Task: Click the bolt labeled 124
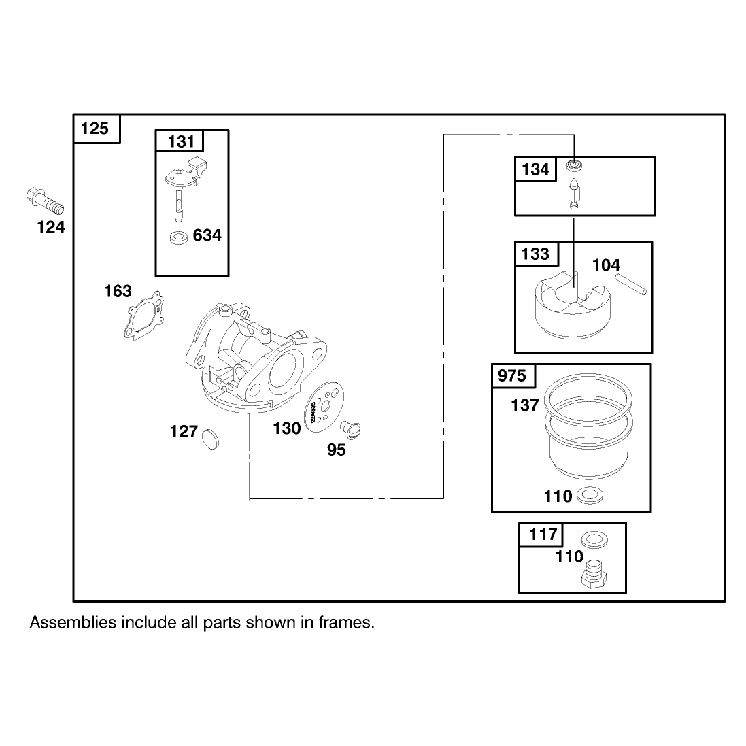(x=44, y=202)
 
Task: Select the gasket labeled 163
(x=143, y=316)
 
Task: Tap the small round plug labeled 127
(x=211, y=439)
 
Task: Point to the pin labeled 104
(x=631, y=284)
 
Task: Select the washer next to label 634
(x=179, y=237)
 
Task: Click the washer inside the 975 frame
(x=590, y=495)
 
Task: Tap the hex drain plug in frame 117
(x=594, y=574)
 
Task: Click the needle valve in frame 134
(x=575, y=193)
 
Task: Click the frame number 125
(x=95, y=129)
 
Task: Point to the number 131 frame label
(x=181, y=141)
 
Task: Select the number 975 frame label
(x=512, y=376)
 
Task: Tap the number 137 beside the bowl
(x=525, y=405)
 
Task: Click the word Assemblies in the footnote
(x=73, y=622)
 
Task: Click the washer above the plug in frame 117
(x=594, y=540)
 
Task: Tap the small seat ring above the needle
(x=574, y=166)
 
